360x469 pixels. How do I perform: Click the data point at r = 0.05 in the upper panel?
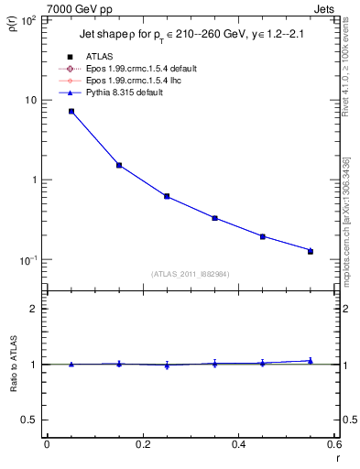pyautogui.click(x=71, y=112)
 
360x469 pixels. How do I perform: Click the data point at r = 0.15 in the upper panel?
pyautogui.click(x=119, y=165)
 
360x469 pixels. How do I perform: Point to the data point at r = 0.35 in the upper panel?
pyautogui.click(x=214, y=218)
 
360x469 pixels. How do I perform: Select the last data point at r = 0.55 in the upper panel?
pyautogui.click(x=311, y=251)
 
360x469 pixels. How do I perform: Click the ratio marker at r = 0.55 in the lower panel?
pyautogui.click(x=311, y=361)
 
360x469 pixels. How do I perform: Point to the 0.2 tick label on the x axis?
pyautogui.click(x=142, y=444)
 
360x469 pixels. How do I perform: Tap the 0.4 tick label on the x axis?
pyautogui.click(x=238, y=444)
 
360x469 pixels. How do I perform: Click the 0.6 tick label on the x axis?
pyautogui.click(x=333, y=444)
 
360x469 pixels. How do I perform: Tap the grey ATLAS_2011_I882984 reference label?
pyautogui.click(x=191, y=274)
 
